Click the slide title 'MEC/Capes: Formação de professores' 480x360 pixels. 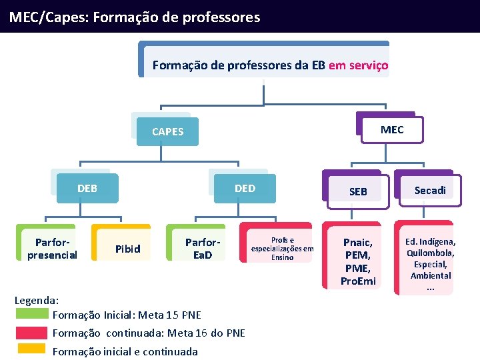[x=135, y=17]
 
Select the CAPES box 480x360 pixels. [x=167, y=131]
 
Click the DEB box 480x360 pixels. [x=87, y=188]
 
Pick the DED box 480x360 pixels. [x=245, y=188]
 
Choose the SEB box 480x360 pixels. [x=358, y=191]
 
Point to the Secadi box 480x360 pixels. [x=430, y=190]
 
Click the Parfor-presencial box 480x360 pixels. [x=52, y=248]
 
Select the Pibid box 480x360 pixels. [x=128, y=249]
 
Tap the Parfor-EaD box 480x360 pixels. [x=202, y=248]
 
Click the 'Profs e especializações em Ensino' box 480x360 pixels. [x=282, y=248]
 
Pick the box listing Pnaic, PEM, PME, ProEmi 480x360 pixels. [x=358, y=261]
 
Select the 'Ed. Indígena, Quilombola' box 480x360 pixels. [x=430, y=263]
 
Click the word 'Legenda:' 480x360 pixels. [x=37, y=301]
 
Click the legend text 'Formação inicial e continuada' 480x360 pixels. [x=125, y=351]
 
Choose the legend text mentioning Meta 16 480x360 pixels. [x=149, y=333]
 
